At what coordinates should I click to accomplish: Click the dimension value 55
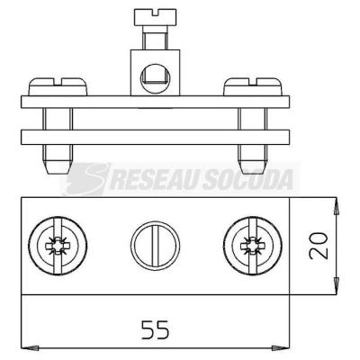156,329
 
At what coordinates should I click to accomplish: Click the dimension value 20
319,246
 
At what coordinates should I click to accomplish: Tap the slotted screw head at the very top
155,17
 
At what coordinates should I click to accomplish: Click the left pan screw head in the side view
58,86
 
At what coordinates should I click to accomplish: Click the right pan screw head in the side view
252,86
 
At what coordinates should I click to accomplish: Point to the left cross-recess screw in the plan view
58,246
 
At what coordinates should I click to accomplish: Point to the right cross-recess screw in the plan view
253,246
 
